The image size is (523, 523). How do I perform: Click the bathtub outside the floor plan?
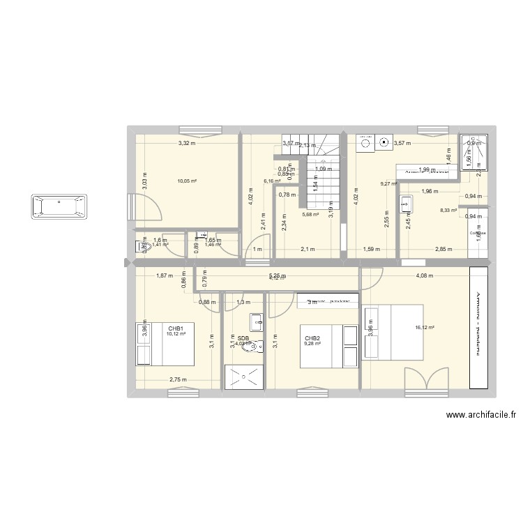point(59,208)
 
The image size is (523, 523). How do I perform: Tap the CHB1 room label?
point(175,328)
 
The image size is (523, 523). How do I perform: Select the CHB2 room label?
point(312,337)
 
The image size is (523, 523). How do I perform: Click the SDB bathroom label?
point(243,338)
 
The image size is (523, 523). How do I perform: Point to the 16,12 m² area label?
point(424,328)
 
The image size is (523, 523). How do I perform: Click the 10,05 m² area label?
point(187,181)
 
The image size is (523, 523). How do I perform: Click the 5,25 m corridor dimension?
point(277,275)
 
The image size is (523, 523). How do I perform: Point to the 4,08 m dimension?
point(425,275)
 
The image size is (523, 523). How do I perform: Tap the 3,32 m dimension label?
point(186,144)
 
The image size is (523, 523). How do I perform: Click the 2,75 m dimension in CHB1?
point(179,379)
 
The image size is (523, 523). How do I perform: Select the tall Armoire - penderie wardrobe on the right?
point(479,327)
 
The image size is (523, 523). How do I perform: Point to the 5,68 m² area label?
point(310,214)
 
